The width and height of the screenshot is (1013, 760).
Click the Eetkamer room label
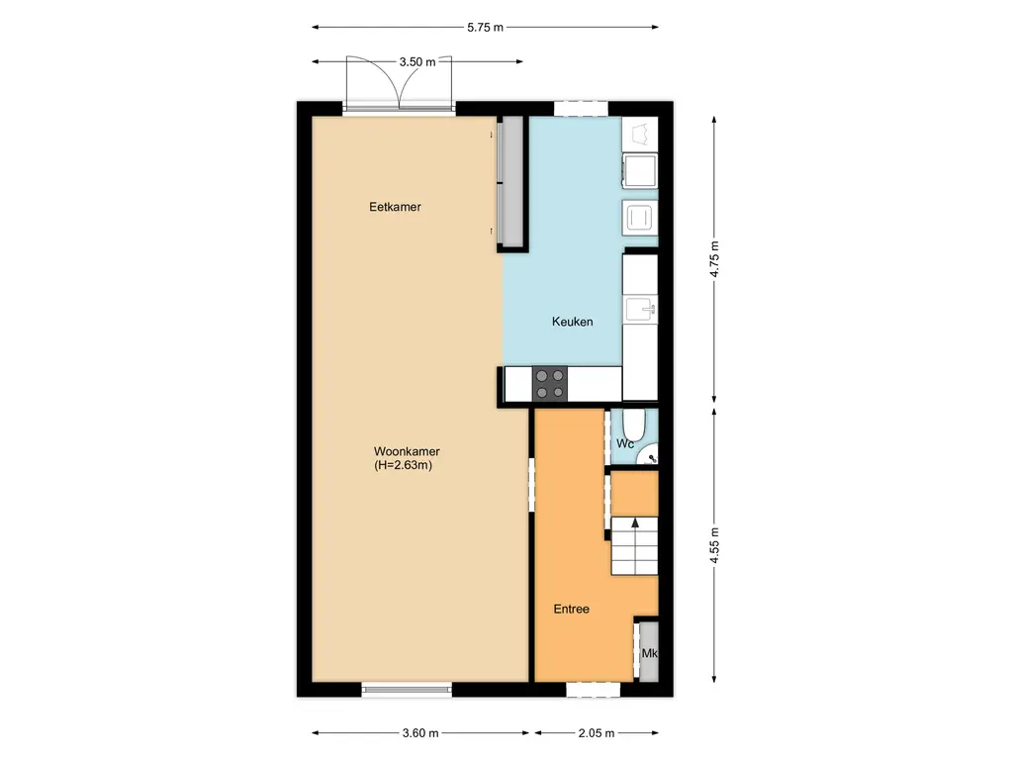[x=395, y=207]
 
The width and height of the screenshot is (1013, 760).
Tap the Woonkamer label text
[x=408, y=451]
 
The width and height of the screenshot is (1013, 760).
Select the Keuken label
[x=572, y=322]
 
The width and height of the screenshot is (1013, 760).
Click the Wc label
[x=624, y=444]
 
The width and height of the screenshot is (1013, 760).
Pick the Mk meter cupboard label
[x=649, y=654]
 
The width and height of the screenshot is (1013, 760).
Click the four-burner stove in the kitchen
[x=550, y=384]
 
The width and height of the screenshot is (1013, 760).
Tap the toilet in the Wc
[x=637, y=426]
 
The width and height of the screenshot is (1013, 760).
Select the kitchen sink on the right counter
[x=640, y=311]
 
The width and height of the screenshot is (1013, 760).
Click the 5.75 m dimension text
[x=486, y=28]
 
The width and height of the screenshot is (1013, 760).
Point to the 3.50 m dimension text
[x=417, y=61]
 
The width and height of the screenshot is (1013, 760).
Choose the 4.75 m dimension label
[x=715, y=260]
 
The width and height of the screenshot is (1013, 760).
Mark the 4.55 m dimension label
[x=715, y=543]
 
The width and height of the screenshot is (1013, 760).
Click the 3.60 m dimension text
[x=420, y=733]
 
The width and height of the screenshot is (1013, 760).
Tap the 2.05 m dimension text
[x=596, y=733]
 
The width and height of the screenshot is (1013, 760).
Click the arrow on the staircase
[x=634, y=525]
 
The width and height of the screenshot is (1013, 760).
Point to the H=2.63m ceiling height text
[x=404, y=465]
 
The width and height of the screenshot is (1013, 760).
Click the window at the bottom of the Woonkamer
[x=407, y=689]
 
